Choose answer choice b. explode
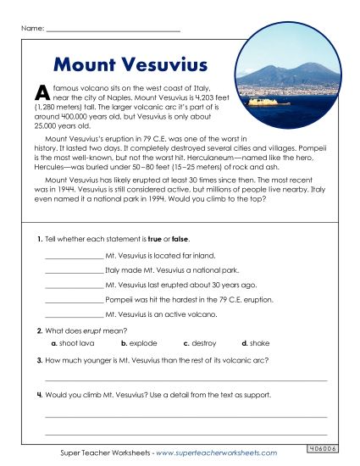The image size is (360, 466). (x=136, y=343)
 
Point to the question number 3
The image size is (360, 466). (x=39, y=360)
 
